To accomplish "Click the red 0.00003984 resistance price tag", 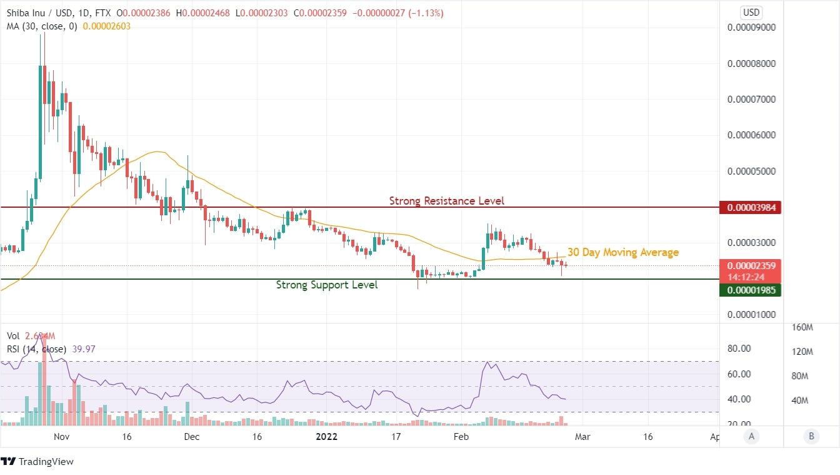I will click(x=750, y=207).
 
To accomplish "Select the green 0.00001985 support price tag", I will click(x=750, y=290).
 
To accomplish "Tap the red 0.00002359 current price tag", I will click(x=750, y=265).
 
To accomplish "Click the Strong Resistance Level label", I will click(x=446, y=201).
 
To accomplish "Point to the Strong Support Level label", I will click(x=327, y=285).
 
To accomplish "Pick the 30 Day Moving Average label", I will click(x=622, y=252).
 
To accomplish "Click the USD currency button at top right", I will click(x=751, y=12).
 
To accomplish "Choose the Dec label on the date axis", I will click(x=192, y=437).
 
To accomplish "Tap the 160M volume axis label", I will click(x=802, y=327).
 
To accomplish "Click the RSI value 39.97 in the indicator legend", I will click(x=84, y=349).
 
